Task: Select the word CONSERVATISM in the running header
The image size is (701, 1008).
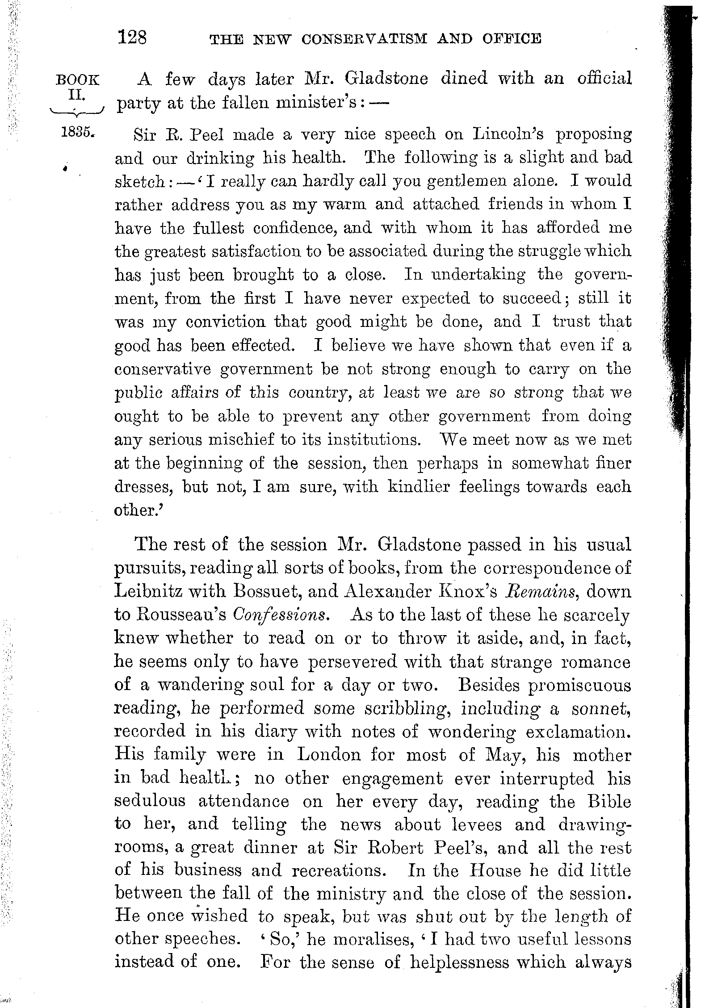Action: tap(364, 39)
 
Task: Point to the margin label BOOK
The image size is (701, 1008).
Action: tap(77, 80)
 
